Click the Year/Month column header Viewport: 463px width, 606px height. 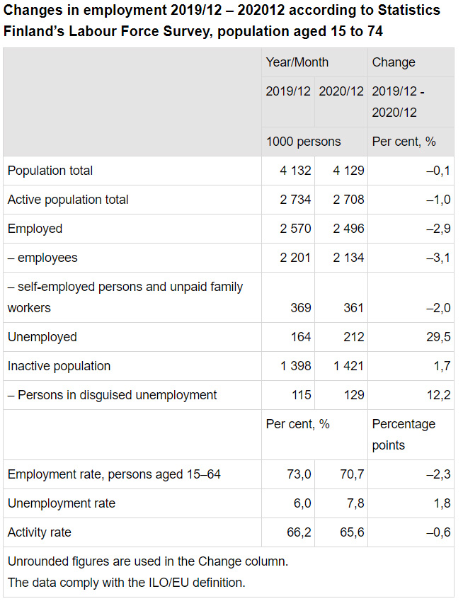[x=297, y=62]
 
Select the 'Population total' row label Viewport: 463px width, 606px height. [x=50, y=171]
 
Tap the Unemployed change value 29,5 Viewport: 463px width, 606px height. [x=438, y=337]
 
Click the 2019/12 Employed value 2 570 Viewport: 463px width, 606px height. [x=295, y=229]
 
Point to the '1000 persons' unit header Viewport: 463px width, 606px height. [x=303, y=142]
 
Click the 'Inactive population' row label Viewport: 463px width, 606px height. [x=59, y=366]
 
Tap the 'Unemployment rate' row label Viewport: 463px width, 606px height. [x=61, y=503]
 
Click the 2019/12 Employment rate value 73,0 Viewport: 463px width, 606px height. [x=299, y=474]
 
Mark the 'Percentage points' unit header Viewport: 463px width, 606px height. [x=404, y=434]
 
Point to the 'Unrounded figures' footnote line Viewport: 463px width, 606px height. [x=147, y=561]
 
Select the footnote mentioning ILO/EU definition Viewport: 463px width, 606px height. [x=126, y=583]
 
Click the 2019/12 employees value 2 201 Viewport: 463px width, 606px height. [x=295, y=258]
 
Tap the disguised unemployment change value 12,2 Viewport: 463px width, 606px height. [x=438, y=395]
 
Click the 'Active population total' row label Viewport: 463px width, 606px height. [x=68, y=200]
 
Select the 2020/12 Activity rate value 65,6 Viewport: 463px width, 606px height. [x=352, y=532]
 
